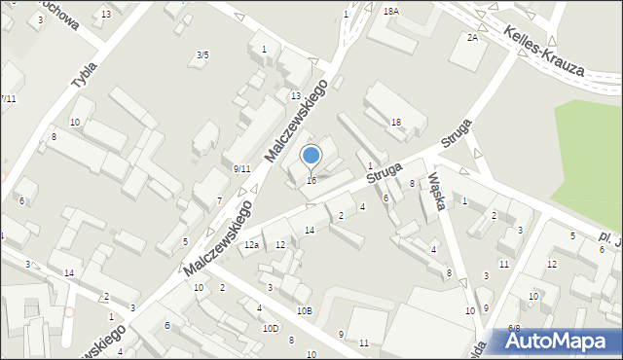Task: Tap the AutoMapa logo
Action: [564, 341]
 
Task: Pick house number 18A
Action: [390, 12]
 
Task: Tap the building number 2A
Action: [472, 37]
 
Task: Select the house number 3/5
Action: [202, 55]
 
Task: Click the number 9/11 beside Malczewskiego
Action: [242, 169]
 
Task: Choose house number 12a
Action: [251, 245]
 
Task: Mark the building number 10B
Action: [305, 310]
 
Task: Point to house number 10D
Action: [270, 328]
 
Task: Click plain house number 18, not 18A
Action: [395, 122]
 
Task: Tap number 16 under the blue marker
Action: [311, 181]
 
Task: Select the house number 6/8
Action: [514, 329]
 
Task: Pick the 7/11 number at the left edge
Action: [8, 98]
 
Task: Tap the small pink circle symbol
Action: [69, 312]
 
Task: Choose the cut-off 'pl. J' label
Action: [610, 236]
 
